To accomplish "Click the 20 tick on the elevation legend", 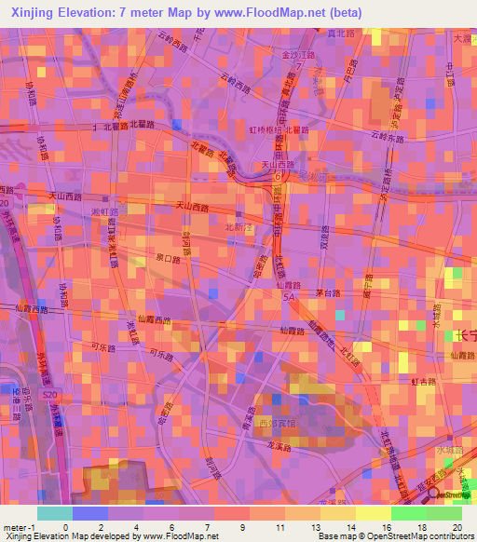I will [x=458, y=526].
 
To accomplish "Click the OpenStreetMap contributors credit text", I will [x=424, y=536].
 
